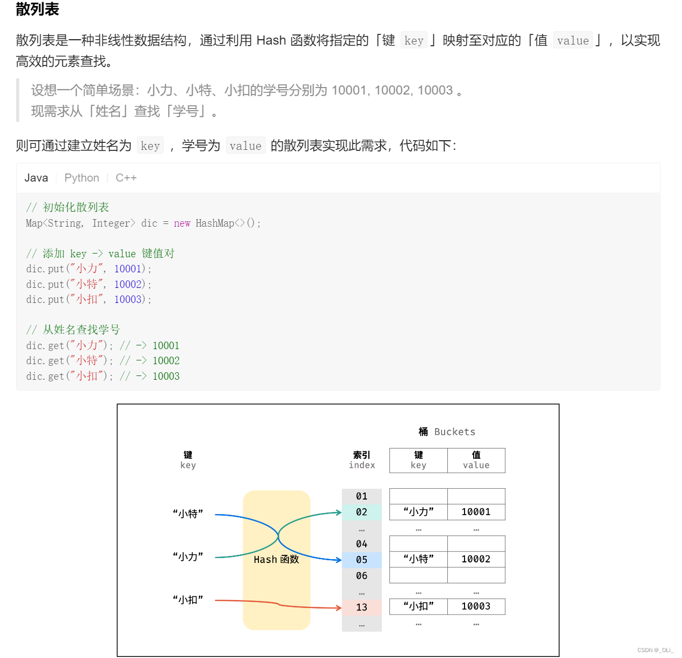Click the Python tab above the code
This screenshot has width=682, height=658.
point(82,178)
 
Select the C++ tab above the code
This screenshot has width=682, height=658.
point(126,178)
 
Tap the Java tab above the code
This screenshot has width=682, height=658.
point(36,178)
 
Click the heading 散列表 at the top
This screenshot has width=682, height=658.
point(37,9)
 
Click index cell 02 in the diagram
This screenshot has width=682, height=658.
point(361,512)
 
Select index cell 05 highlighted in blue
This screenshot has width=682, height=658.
point(361,560)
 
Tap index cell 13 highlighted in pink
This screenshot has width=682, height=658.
point(361,608)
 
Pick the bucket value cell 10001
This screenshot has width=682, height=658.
point(476,512)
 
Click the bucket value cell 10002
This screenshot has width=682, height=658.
point(476,559)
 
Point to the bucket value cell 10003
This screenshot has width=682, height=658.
point(476,606)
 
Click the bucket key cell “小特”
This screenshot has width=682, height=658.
point(418,559)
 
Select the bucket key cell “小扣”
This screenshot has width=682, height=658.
point(418,606)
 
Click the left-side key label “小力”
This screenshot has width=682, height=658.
point(188,557)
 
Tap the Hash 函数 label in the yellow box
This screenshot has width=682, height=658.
point(276,560)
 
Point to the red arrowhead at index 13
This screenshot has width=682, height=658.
point(339,608)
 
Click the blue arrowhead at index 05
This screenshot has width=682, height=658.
point(339,560)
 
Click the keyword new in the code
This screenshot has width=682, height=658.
point(182,223)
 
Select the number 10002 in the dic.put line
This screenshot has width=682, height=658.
point(128,284)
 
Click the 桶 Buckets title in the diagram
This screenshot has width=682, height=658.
point(447,432)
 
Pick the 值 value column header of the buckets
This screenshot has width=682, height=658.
point(476,460)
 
